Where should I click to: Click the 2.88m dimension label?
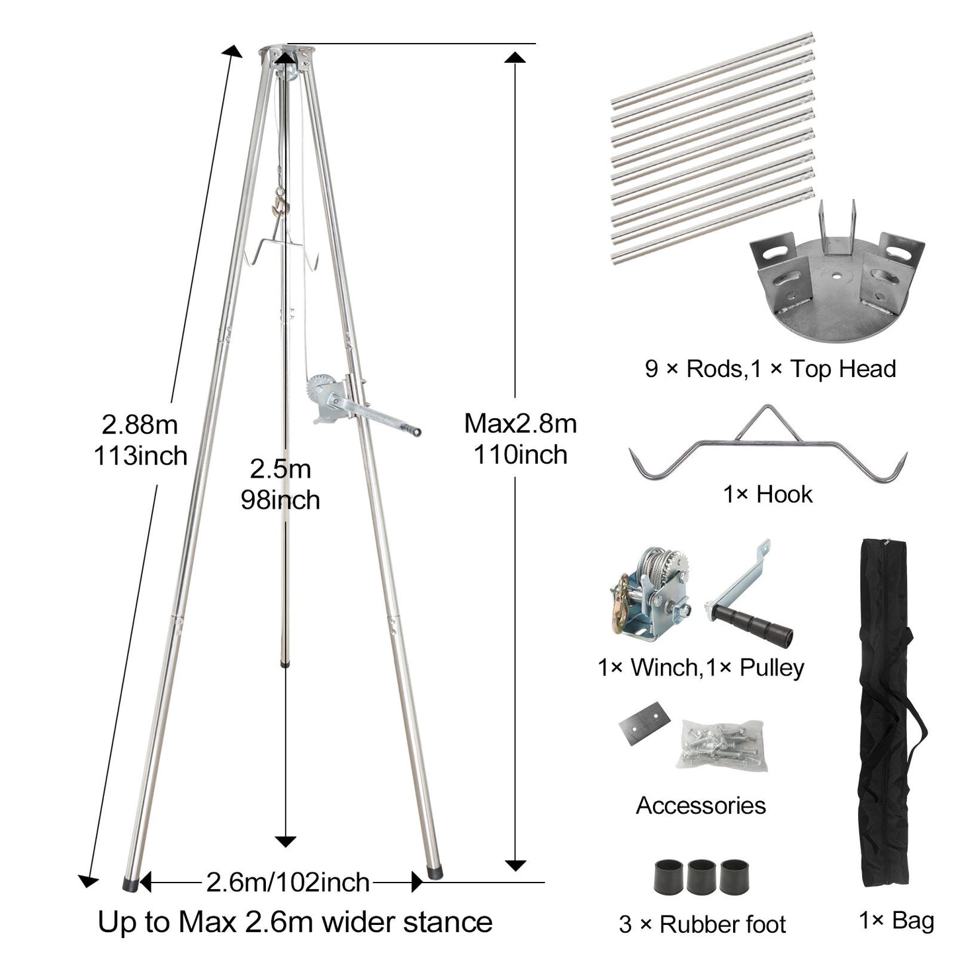tap(140, 425)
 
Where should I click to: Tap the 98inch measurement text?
tap(281, 500)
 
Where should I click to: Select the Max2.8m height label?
tap(521, 423)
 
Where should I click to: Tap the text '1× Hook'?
tap(768, 495)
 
